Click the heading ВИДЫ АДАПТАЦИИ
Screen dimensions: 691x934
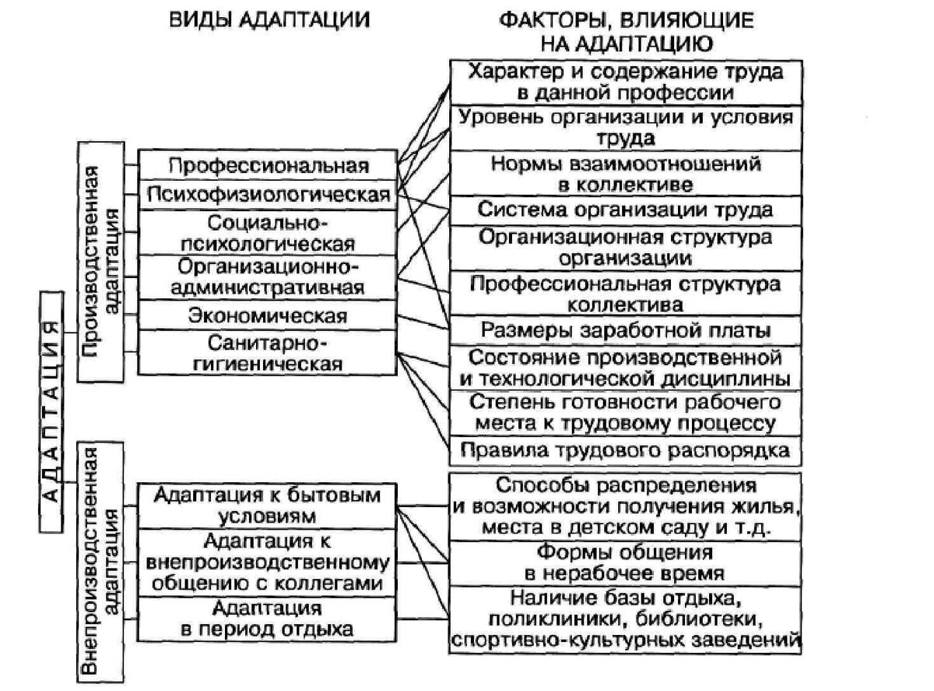coord(269,20)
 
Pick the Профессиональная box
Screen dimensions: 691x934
coord(268,165)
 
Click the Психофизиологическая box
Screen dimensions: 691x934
coord(268,193)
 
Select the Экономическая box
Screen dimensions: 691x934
coord(268,316)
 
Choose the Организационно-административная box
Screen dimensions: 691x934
coord(268,277)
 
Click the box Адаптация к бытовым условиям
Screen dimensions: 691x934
coord(268,505)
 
